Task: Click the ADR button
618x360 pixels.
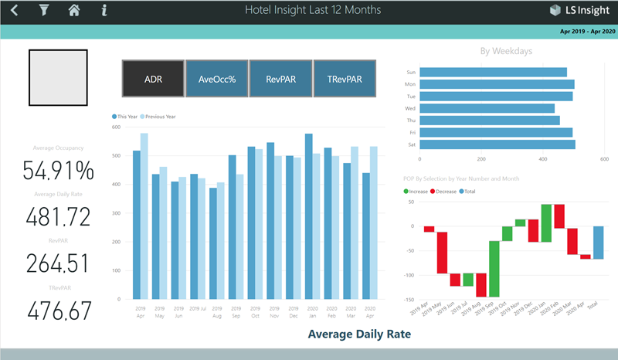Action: click(x=153, y=78)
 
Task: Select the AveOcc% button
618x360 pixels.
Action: click(x=216, y=78)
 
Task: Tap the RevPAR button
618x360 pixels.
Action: click(x=280, y=78)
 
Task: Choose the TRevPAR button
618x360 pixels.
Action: click(x=345, y=78)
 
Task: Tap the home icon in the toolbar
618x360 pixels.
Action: click(x=74, y=11)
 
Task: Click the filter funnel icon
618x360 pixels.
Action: click(x=43, y=11)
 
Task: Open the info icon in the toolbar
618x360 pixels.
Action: click(x=104, y=11)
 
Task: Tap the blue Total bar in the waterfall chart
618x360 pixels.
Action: click(x=599, y=243)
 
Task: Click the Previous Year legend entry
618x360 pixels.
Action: click(x=160, y=116)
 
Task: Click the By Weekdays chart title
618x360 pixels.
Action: click(x=506, y=52)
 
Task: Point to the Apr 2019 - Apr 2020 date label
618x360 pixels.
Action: click(x=587, y=32)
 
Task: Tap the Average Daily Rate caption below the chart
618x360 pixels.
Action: click(x=359, y=335)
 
